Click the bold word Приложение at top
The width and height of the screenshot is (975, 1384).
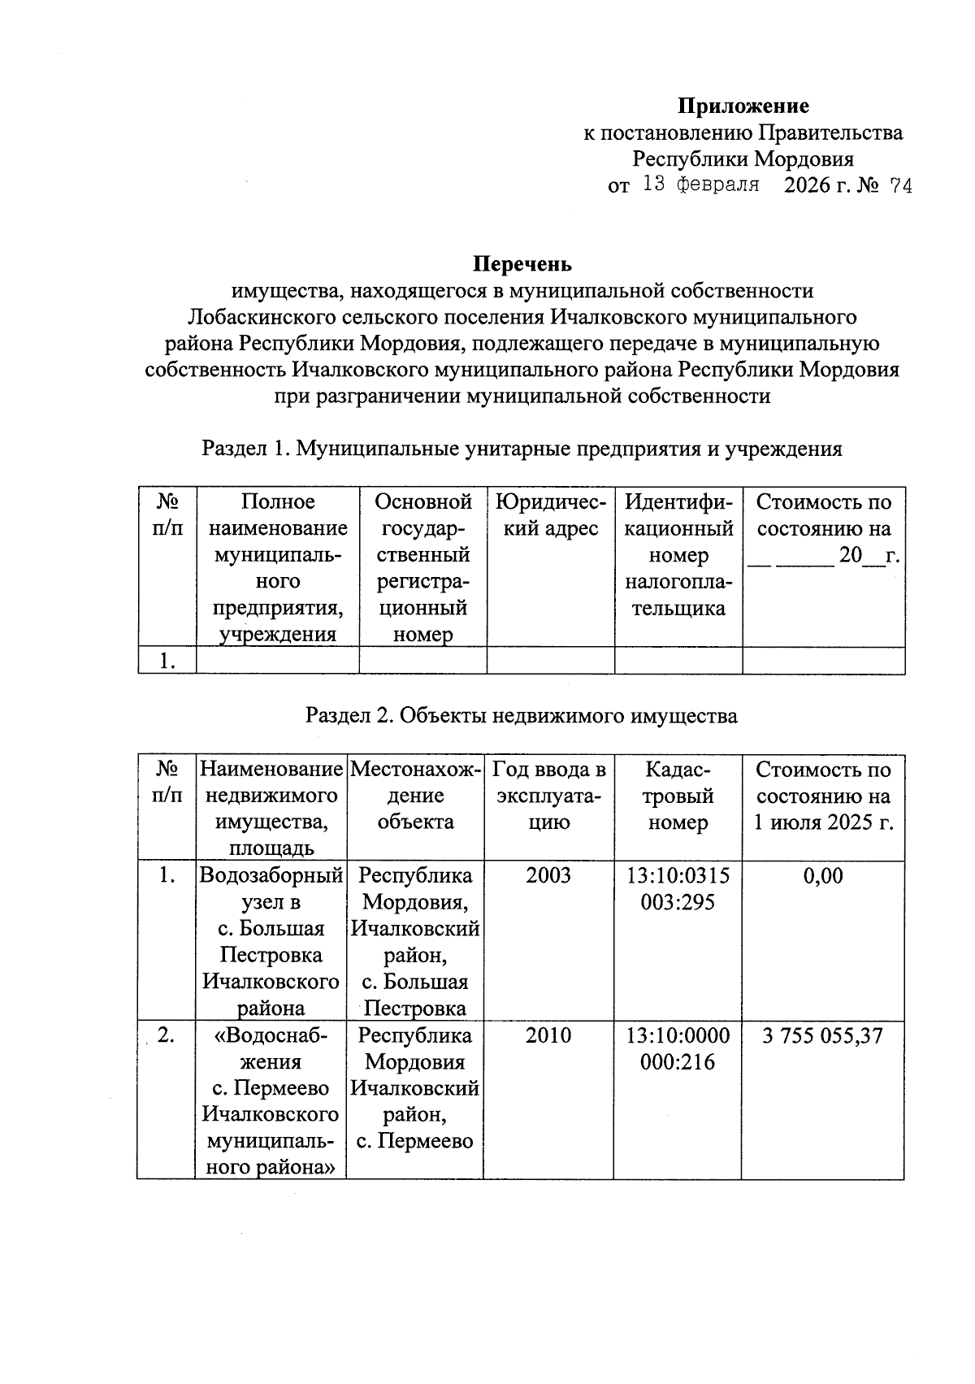tap(743, 106)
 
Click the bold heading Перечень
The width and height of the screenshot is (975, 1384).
tap(522, 264)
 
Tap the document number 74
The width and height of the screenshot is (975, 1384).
tap(900, 186)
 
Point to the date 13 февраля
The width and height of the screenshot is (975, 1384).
tap(700, 184)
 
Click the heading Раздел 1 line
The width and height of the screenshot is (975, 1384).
tap(522, 449)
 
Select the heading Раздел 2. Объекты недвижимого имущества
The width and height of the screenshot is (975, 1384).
tap(522, 716)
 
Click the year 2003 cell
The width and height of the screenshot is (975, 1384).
tap(548, 876)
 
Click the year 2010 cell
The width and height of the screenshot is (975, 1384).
tap(548, 1036)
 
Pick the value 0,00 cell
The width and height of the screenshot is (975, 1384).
tap(823, 876)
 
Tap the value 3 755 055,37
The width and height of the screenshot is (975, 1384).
tap(822, 1036)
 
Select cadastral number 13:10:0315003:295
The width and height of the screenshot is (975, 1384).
tap(678, 889)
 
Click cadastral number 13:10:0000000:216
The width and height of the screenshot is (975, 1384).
tap(678, 1049)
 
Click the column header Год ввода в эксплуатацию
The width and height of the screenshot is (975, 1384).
tap(549, 796)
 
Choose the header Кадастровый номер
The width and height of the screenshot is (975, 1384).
tap(678, 796)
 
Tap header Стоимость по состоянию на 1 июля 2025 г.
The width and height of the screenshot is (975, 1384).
tap(823, 796)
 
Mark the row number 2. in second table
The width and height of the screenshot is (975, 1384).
tap(166, 1036)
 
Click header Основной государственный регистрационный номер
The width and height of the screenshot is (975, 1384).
tap(422, 568)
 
